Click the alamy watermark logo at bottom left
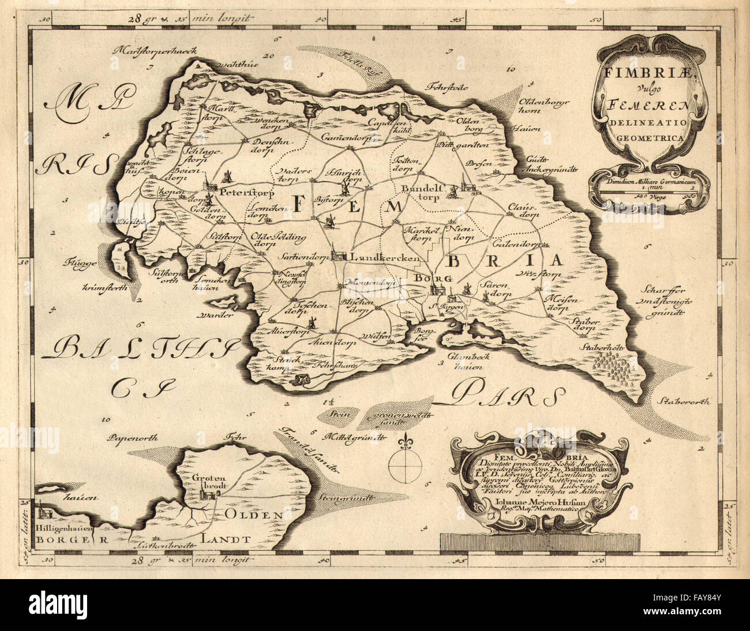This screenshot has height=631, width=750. coord(67,604)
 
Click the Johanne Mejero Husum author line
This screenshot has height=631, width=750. coord(537,501)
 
